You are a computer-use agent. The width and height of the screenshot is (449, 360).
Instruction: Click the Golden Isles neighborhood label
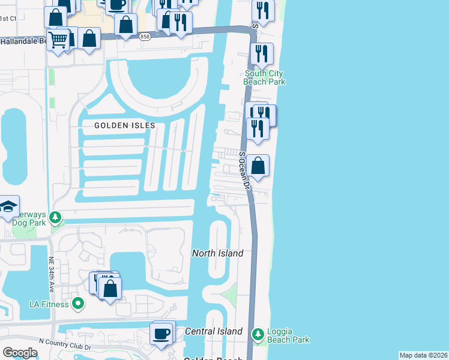pyautogui.click(x=124, y=125)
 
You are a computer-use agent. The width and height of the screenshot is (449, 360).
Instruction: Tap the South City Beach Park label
pyautogui.click(x=264, y=78)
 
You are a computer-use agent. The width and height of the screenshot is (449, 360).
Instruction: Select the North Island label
pyautogui.click(x=217, y=253)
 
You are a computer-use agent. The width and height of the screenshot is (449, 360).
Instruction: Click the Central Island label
pyautogui.click(x=214, y=331)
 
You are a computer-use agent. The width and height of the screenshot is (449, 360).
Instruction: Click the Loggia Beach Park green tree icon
pyautogui.click(x=258, y=333)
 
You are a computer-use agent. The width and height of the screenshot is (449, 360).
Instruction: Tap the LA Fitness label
pyautogui.click(x=49, y=304)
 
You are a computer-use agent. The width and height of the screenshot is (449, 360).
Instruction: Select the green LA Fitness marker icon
pyautogui.click(x=77, y=304)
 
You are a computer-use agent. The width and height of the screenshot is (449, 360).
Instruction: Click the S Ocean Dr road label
pyautogui.click(x=246, y=172)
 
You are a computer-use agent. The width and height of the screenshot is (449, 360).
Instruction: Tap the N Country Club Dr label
pyautogui.click(x=65, y=347)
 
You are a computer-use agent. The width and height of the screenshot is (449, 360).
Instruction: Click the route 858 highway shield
pyautogui.click(x=144, y=37)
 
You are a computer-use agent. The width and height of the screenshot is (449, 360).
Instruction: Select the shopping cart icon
pyautogui.click(x=58, y=40)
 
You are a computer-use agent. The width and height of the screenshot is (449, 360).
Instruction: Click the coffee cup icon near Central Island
pyautogui.click(x=161, y=333)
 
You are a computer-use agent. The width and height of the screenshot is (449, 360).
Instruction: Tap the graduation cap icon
pyautogui.click(x=8, y=207)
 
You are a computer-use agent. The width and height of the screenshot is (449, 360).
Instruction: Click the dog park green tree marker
pyautogui.click(x=55, y=217)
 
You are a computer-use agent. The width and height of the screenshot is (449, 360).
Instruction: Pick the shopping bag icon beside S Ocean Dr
pyautogui.click(x=258, y=165)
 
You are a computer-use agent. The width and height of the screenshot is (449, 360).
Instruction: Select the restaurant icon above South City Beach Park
pyautogui.click(x=262, y=54)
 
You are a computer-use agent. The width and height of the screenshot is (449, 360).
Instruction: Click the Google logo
pyautogui.click(x=20, y=353)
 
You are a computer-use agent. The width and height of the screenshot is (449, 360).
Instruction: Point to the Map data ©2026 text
pyautogui.click(x=423, y=355)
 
